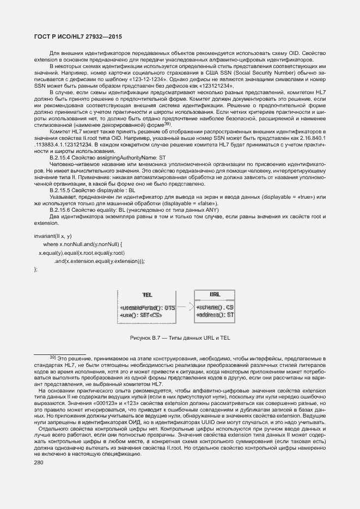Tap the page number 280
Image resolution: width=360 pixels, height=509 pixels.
pyautogui.click(x=40, y=463)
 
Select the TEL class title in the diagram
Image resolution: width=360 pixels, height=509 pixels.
pyautogui.click(x=147, y=295)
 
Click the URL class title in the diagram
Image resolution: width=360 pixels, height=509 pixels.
pyautogui.click(x=215, y=295)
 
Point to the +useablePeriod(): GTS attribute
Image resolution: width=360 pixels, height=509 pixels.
pyautogui.click(x=147, y=308)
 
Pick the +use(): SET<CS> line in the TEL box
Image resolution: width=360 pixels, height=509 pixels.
pyautogui.click(x=141, y=315)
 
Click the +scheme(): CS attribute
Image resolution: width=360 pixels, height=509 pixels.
pyautogui.click(x=215, y=308)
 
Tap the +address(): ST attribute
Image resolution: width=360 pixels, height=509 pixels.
pyautogui.click(x=215, y=315)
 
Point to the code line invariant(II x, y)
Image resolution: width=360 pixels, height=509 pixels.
pyautogui.click(x=53, y=236)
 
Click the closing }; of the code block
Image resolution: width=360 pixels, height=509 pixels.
pyautogui.click(x=36, y=269)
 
